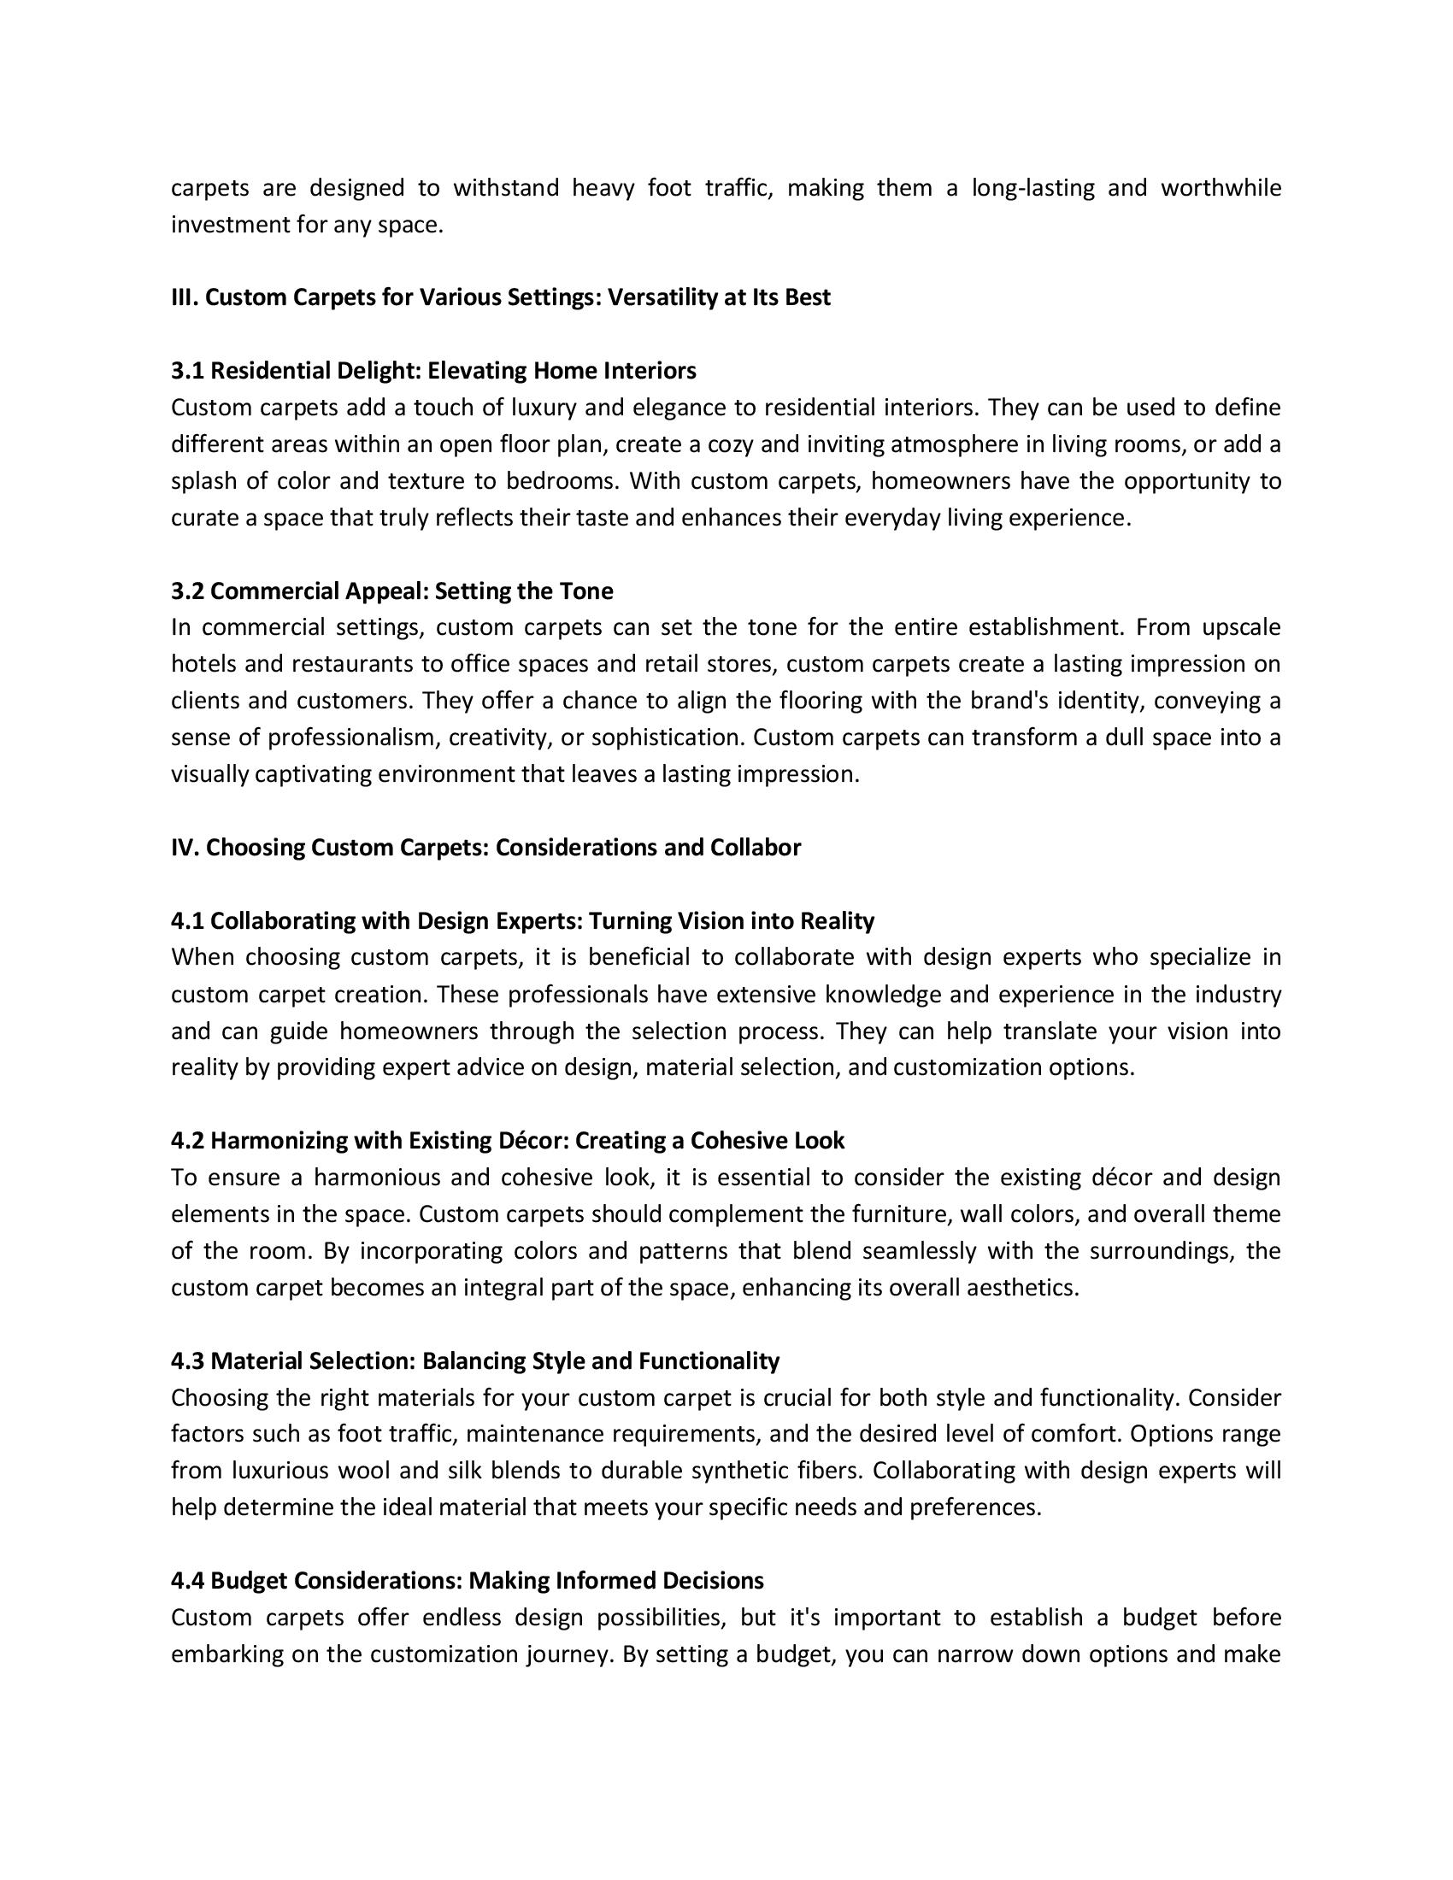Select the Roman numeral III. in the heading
tap(185, 298)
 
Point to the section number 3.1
tap(188, 371)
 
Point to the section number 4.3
tap(188, 1361)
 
